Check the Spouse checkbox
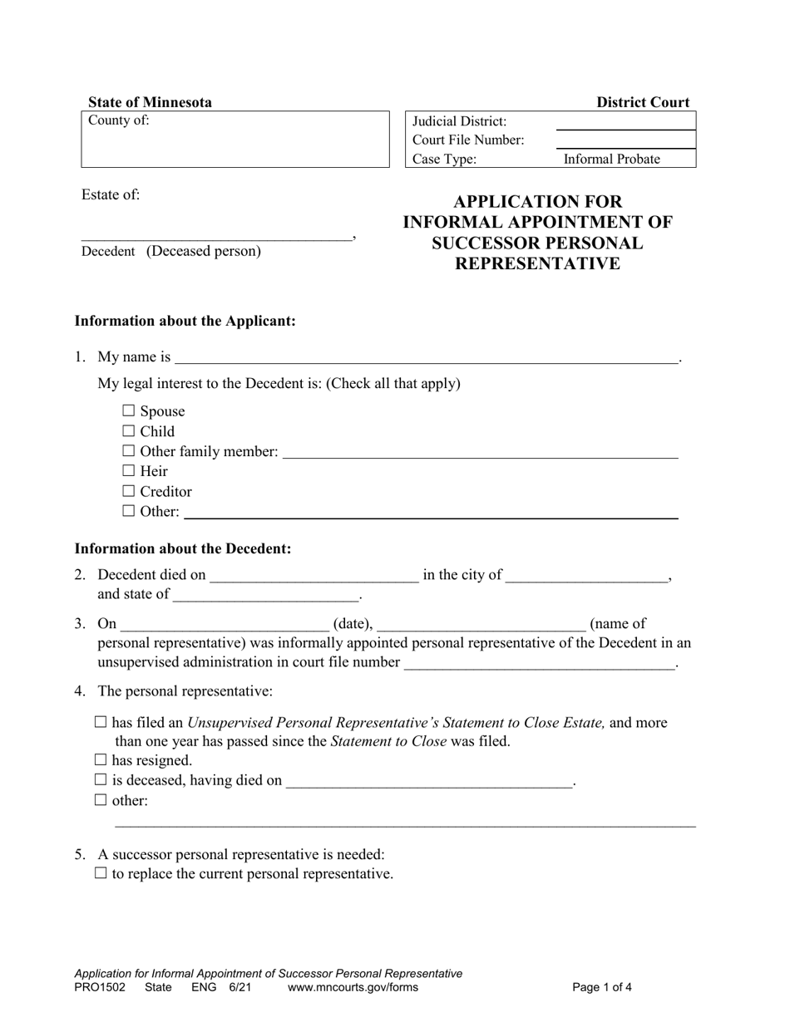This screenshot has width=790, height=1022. (x=128, y=410)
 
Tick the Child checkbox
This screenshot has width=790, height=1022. (x=128, y=430)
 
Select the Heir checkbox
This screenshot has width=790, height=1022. (x=128, y=470)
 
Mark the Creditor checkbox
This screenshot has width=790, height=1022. (x=128, y=491)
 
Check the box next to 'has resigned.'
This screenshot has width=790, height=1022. (x=101, y=759)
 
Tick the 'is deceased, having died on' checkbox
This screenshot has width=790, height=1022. (x=101, y=779)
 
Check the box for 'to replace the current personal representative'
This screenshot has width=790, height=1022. (x=101, y=873)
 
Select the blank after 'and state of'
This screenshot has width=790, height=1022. (x=264, y=594)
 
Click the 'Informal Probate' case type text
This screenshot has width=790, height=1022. (x=611, y=159)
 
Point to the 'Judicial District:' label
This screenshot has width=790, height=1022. (x=459, y=121)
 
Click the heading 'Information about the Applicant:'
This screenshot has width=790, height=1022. (x=185, y=321)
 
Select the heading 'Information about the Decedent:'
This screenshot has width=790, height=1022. (x=183, y=548)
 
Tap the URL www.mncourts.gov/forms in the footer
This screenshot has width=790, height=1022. (x=353, y=988)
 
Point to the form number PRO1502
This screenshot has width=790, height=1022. (x=100, y=988)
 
